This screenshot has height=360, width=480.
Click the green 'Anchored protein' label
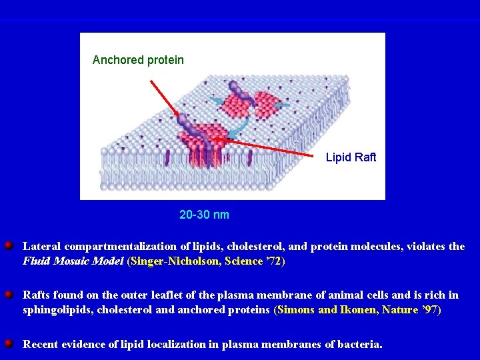coord(138,60)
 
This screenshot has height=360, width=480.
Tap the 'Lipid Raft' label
coord(351,157)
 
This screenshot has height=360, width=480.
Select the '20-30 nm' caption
coord(204,215)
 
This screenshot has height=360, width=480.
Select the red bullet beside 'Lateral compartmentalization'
coord(9,246)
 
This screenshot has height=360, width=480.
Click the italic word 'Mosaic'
coord(70,261)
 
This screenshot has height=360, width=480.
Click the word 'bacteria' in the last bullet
coord(361,345)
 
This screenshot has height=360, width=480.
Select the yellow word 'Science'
coord(244,261)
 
